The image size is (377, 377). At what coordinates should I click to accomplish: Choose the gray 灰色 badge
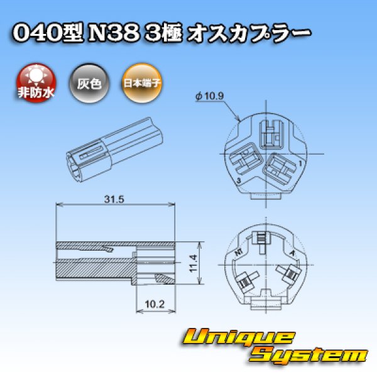tap(89, 82)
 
